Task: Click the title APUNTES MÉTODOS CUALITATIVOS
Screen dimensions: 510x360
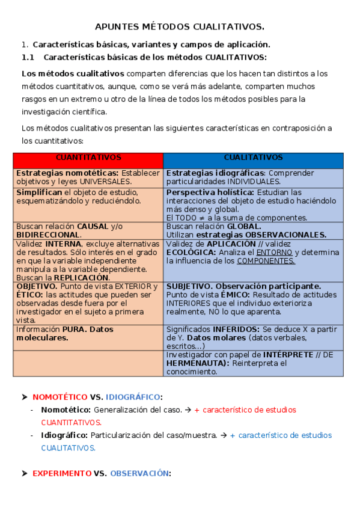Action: click(180, 27)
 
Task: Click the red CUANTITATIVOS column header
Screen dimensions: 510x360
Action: click(88, 158)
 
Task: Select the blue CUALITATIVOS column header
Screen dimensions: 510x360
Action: click(253, 158)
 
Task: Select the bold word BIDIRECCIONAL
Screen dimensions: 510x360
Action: click(48, 235)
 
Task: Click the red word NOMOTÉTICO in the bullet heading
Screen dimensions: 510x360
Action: click(59, 398)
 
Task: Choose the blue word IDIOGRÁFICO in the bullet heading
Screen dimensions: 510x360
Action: click(133, 398)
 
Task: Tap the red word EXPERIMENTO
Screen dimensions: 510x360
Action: click(61, 474)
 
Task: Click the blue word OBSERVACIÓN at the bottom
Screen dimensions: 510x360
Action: click(139, 474)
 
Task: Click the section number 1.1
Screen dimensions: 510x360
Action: click(29, 58)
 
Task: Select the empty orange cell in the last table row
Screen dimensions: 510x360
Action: click(88, 363)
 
